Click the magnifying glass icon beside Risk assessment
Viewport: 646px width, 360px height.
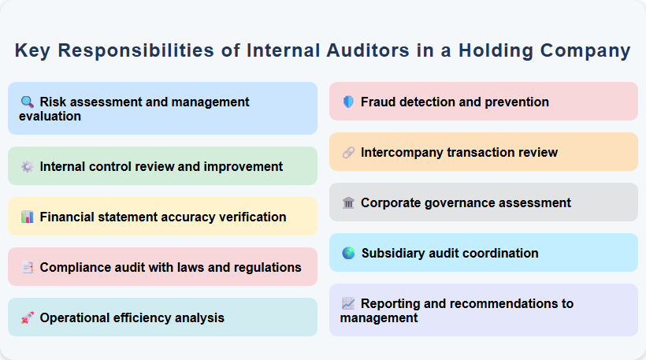[x=27, y=102]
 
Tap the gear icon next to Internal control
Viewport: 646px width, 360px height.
[x=27, y=166]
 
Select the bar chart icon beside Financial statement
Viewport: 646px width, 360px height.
[x=27, y=217]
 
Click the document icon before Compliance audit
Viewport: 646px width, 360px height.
[x=27, y=267]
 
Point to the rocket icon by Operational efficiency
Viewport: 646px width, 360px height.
[x=27, y=317]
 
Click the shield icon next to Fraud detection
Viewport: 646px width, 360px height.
[x=348, y=102]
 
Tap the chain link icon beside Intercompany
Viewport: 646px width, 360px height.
[x=348, y=152]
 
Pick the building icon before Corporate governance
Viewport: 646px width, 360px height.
[x=348, y=202]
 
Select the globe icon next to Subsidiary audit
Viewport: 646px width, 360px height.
[x=348, y=253]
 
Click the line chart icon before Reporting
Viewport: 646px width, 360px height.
[x=348, y=303]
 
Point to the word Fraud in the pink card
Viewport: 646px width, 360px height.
[x=378, y=102]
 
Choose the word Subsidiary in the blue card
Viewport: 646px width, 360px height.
[x=394, y=253]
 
